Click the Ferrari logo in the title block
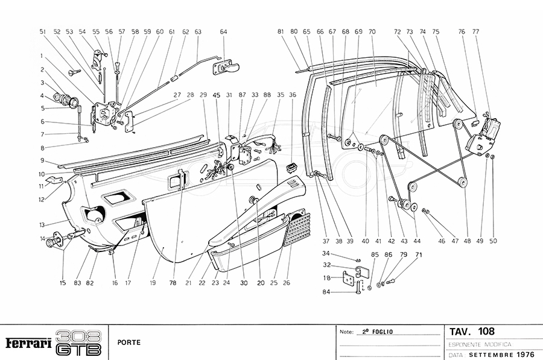pos(28,343)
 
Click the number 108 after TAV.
pos(486,331)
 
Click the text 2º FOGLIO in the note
pos(376,332)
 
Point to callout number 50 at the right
pos(493,241)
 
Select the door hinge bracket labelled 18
pos(349,279)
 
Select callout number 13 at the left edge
pos(43,225)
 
